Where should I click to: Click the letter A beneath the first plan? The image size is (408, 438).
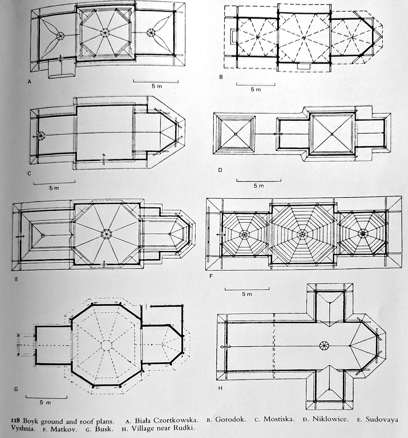(30, 82)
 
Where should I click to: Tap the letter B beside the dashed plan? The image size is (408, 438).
(221, 77)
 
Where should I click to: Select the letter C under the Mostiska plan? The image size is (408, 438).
(30, 173)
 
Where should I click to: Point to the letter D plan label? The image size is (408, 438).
(220, 170)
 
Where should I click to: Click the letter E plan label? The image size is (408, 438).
(16, 279)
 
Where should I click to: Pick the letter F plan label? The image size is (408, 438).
(211, 276)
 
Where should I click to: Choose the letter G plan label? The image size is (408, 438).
(16, 389)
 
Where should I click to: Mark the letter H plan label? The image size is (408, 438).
(220, 388)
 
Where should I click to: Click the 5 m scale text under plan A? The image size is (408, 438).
(157, 86)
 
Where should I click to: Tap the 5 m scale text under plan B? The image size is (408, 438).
(256, 90)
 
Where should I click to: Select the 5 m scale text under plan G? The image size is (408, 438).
(46, 403)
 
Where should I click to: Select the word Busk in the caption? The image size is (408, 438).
(104, 429)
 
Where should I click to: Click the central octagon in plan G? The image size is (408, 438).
(106, 345)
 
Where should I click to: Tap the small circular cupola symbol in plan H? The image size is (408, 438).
(324, 345)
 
